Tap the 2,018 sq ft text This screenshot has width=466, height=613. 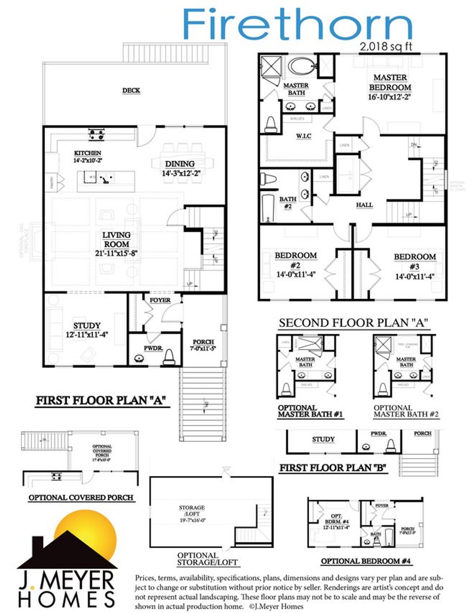pyautogui.click(x=386, y=47)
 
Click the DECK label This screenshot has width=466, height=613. pyautogui.click(x=131, y=90)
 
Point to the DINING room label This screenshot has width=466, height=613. pyautogui.click(x=180, y=164)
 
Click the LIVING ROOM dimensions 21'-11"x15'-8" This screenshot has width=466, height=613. pyautogui.click(x=116, y=253)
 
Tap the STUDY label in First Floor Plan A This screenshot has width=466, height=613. pyautogui.click(x=87, y=325)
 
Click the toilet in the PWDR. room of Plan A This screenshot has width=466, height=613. pyautogui.click(x=169, y=357)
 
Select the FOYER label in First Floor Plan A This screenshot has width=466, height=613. pyautogui.click(x=160, y=300)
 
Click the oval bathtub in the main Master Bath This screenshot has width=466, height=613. pyautogui.click(x=301, y=67)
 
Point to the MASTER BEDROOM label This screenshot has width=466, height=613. pyautogui.click(x=390, y=82)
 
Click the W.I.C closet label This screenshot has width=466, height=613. pyautogui.click(x=303, y=136)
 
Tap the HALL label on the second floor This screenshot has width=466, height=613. pyautogui.click(x=364, y=205)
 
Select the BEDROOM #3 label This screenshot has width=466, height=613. pyautogui.click(x=415, y=261)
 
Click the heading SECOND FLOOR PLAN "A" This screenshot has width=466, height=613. pyautogui.click(x=353, y=323)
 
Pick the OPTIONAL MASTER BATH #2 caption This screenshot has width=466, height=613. pyautogui.click(x=406, y=411)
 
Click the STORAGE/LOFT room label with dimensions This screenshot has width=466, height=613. pyautogui.click(x=192, y=514)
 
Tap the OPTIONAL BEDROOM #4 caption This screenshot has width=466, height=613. pyautogui.click(x=366, y=561)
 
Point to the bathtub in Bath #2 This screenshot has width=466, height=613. pyautogui.click(x=268, y=208)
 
